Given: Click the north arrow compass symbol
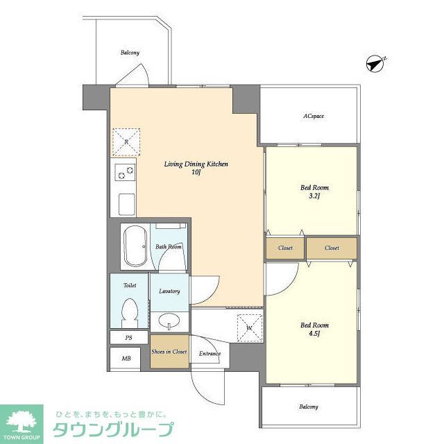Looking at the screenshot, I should click(x=375, y=65).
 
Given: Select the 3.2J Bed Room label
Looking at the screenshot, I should click(x=314, y=191).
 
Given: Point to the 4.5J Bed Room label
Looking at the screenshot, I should click(x=314, y=329).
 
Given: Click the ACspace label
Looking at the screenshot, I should click(x=314, y=116).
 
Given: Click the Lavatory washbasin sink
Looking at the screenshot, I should click(x=169, y=321).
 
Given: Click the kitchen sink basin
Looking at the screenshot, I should click(x=126, y=205).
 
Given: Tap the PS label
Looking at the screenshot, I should click(x=128, y=338).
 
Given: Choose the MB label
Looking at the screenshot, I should click(x=126, y=358).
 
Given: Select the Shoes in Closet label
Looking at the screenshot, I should click(x=169, y=352).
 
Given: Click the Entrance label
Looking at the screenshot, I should click(x=210, y=354).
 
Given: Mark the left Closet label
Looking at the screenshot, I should click(x=285, y=248).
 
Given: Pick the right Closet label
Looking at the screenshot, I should click(x=332, y=248).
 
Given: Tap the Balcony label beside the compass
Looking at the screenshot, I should click(x=130, y=53).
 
